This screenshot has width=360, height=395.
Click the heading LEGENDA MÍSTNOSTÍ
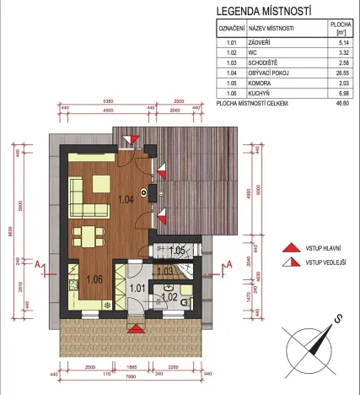264,12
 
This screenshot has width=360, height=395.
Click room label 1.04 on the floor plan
125,200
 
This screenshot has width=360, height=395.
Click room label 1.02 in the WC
167,297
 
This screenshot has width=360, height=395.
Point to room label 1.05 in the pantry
177,251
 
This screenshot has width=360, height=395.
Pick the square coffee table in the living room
98,182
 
